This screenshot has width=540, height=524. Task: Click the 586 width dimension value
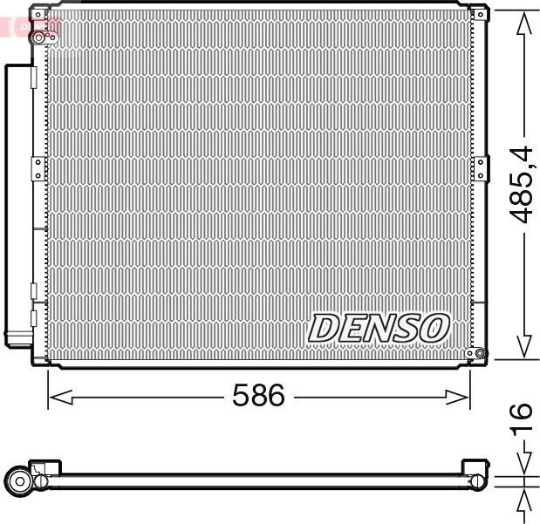[258, 397]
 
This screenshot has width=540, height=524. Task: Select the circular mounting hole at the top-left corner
[38, 37]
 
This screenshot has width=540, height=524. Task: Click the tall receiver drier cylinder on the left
[17, 201]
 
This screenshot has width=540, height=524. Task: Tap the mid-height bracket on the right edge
[478, 167]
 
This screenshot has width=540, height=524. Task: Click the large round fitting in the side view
[19, 480]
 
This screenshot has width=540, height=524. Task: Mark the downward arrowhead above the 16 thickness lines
[523, 465]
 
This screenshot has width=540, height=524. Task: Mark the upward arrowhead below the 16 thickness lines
[523, 499]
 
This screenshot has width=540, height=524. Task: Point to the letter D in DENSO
[325, 328]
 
